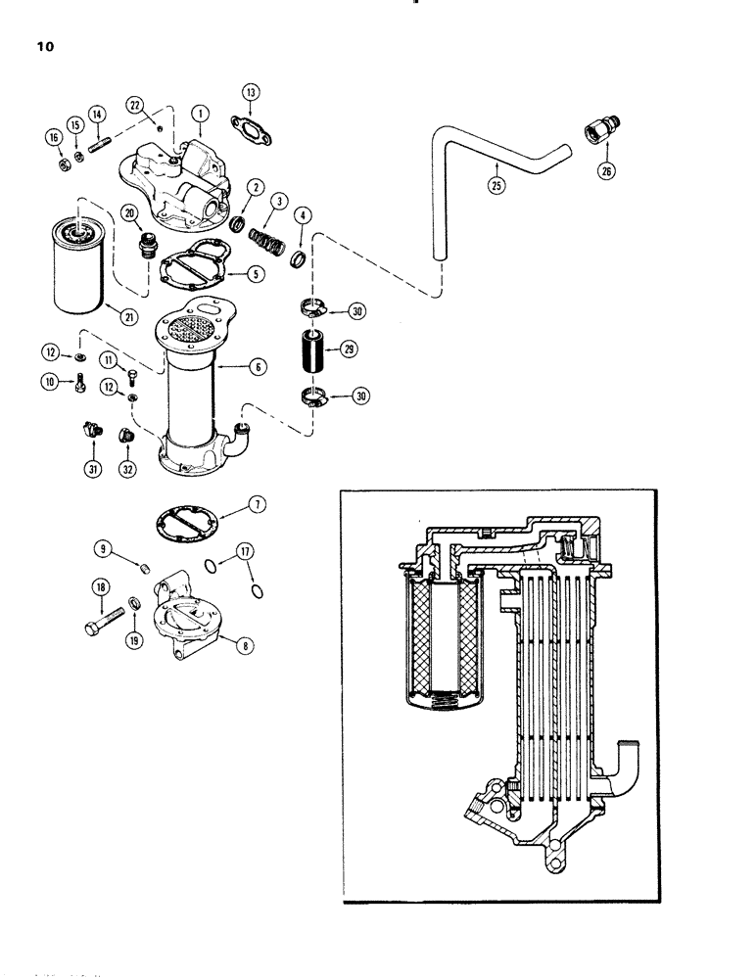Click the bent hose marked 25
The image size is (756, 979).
(490, 157)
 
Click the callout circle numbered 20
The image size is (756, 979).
(129, 212)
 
